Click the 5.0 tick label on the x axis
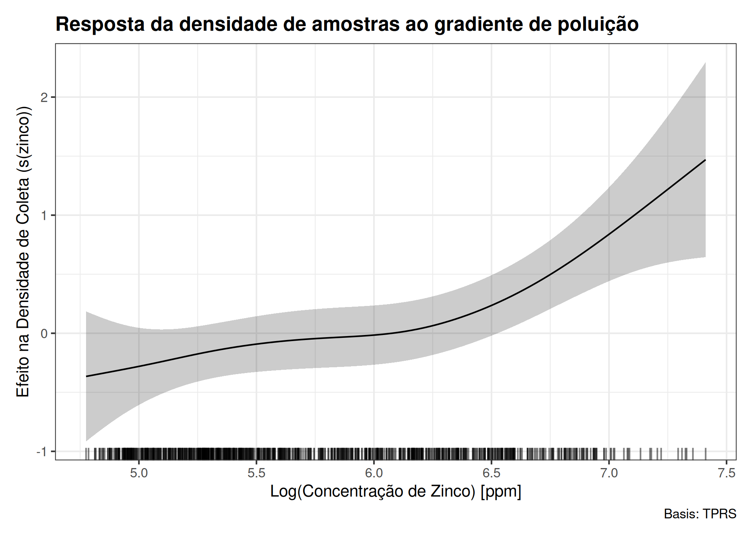[139, 473]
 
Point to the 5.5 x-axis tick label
[256, 473]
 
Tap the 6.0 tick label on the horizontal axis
[374, 473]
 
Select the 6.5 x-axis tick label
[491, 473]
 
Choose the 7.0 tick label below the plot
[609, 473]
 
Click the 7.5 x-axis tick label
[726, 473]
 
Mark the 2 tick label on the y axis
[44, 97]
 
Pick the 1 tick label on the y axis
[44, 215]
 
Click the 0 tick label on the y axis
[44, 334]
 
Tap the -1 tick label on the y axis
[42, 452]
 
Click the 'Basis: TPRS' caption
[700, 514]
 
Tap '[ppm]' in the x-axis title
[501, 492]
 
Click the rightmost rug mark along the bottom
[706, 454]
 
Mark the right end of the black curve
[706, 160]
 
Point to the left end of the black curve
[86, 376]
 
